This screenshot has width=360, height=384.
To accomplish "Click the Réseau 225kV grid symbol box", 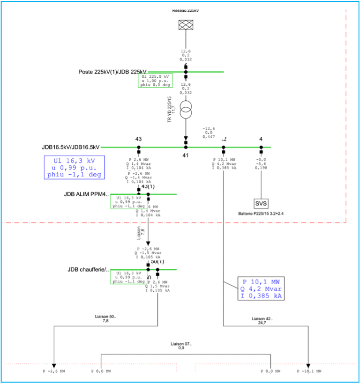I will click(186, 24).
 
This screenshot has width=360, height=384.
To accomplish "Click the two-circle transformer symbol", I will click(186, 112).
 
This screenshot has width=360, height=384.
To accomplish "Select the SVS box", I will click(261, 203).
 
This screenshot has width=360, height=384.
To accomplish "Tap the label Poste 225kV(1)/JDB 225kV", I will click(112, 72).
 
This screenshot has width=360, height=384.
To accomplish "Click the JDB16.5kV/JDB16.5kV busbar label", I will click(70, 147).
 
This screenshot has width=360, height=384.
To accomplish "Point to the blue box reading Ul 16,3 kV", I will click(74, 167).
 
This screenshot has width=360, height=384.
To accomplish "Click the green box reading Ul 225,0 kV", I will click(155, 80).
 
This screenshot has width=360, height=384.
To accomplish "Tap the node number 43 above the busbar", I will click(138, 139).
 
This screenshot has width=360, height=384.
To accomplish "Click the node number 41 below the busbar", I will click(186, 155).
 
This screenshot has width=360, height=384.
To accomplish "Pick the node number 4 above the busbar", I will click(261, 139).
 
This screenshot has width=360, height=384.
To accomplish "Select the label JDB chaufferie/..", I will click(88, 270).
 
